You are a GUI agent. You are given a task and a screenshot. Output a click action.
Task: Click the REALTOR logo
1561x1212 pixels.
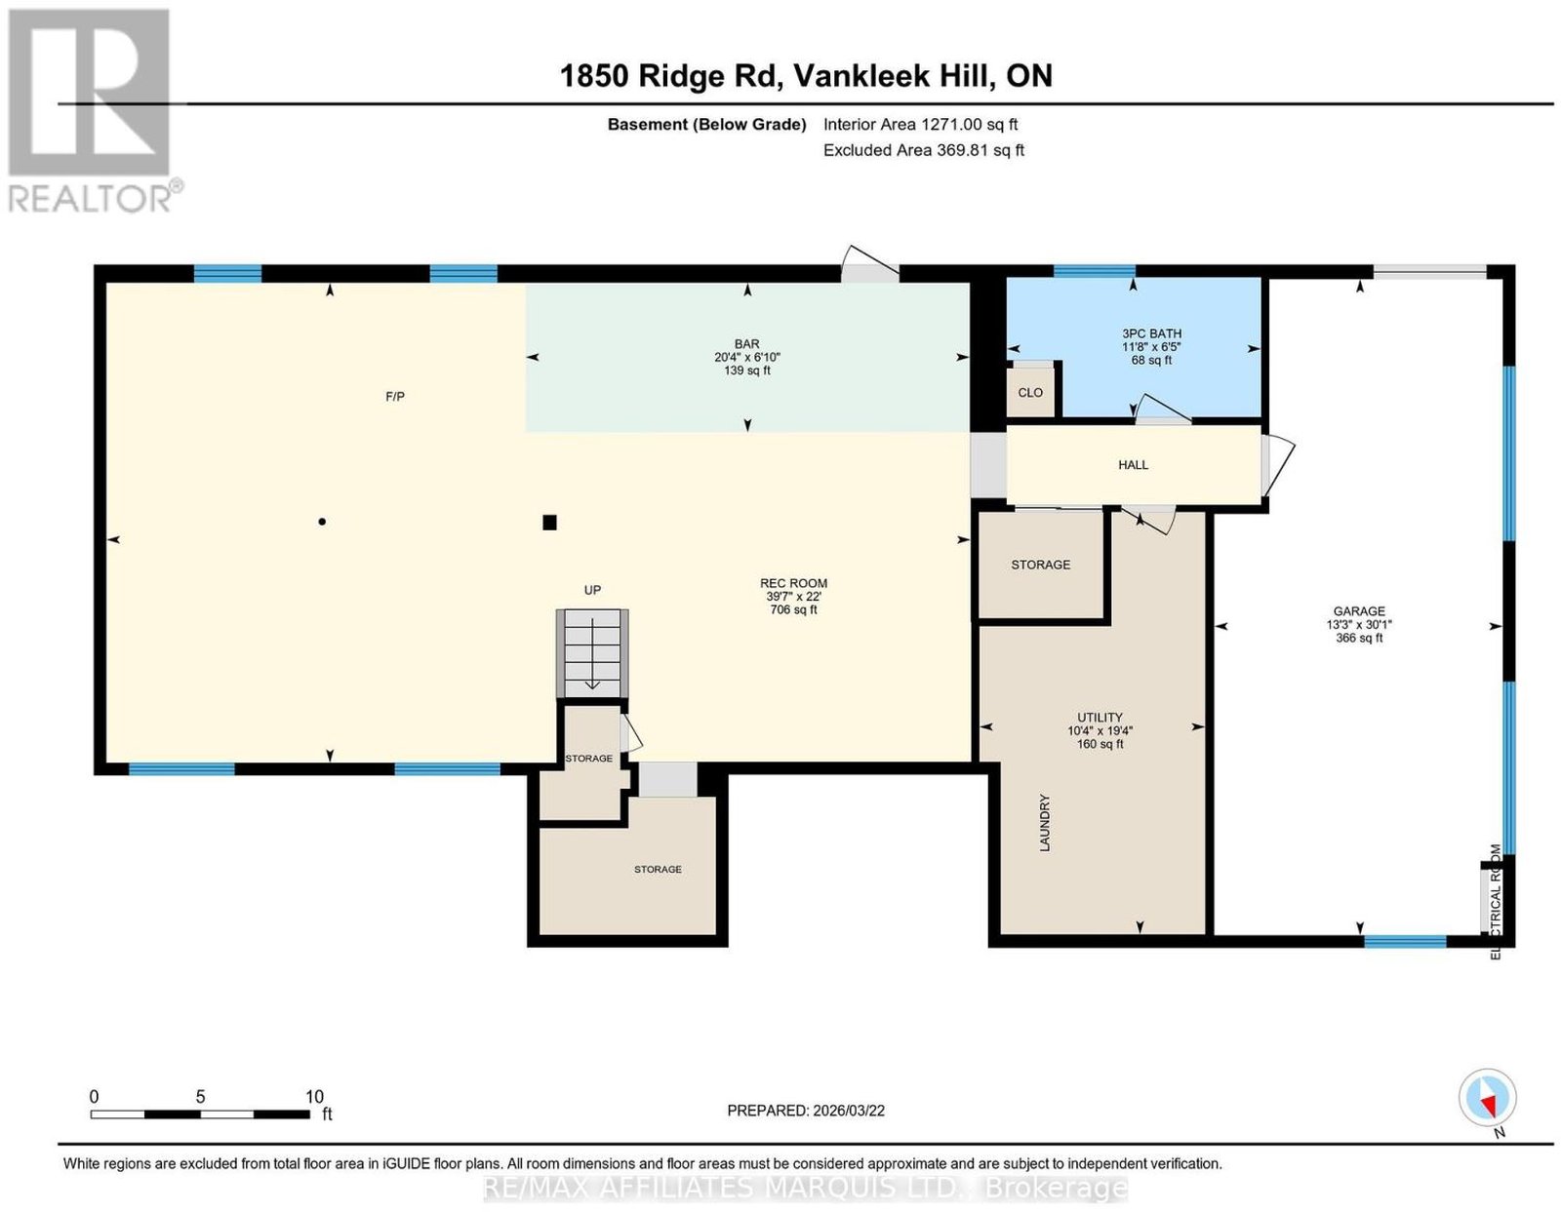(x=95, y=111)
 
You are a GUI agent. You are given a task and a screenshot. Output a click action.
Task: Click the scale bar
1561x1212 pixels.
(x=200, y=1114)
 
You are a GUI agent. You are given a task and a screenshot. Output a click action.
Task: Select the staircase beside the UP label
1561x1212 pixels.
(x=592, y=652)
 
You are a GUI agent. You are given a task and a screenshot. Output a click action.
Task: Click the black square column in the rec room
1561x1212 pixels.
(x=549, y=523)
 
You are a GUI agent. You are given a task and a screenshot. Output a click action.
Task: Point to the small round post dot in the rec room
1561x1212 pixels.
(x=322, y=522)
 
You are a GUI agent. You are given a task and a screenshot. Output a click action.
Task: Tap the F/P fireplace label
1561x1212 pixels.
(x=395, y=396)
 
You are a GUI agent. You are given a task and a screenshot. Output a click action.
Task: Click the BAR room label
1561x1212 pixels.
(x=747, y=344)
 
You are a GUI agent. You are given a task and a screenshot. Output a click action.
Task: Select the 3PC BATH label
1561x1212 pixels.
(x=1151, y=333)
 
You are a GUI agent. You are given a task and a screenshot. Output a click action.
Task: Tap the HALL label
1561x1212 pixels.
(x=1133, y=465)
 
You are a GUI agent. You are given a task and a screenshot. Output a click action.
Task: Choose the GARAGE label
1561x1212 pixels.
(x=1358, y=611)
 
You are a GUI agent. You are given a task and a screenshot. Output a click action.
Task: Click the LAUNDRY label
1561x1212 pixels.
(x=1045, y=822)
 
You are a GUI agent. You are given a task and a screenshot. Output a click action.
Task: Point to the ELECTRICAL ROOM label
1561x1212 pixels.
(x=1497, y=902)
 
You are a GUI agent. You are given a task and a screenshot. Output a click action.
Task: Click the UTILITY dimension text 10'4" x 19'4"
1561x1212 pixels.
(x=1100, y=730)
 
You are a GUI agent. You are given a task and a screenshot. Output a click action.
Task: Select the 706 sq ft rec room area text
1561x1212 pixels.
(x=793, y=609)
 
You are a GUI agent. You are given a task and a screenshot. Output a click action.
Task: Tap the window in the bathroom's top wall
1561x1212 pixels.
(x=1094, y=271)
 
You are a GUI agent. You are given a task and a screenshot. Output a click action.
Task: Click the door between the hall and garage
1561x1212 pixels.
(x=1277, y=466)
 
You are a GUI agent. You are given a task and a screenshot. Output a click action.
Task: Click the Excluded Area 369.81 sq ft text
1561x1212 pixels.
(x=923, y=150)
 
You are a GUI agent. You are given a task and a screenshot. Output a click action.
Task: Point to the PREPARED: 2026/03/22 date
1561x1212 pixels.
(x=806, y=1110)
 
